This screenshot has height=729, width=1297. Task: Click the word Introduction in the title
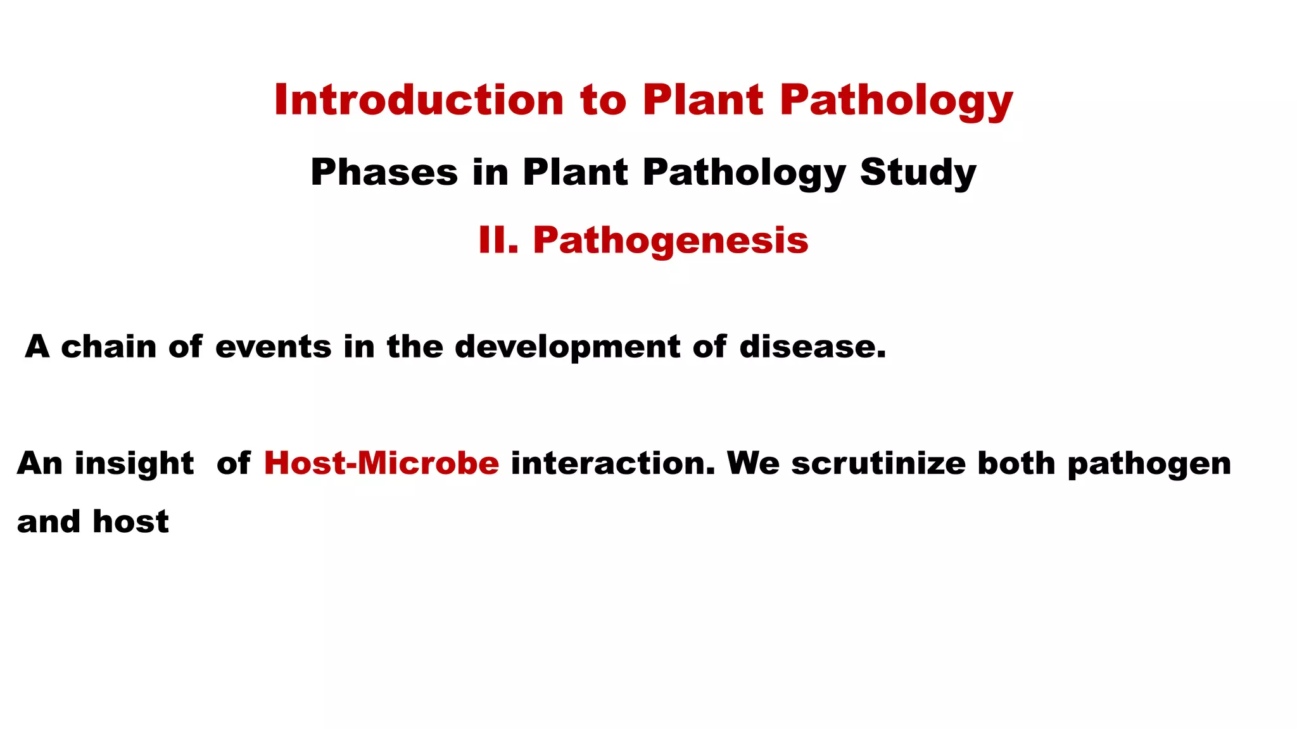tap(419, 100)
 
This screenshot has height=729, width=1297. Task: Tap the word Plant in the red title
tap(703, 100)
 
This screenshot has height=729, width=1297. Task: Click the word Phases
tap(384, 172)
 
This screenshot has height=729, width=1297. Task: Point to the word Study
tap(918, 172)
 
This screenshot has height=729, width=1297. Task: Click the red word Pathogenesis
tap(671, 240)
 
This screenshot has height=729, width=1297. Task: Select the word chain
tap(108, 347)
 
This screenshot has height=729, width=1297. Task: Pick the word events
tap(273, 347)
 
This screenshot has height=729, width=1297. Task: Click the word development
tap(567, 347)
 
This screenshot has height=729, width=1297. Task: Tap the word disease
tap(812, 347)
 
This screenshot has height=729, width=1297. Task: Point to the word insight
tap(134, 464)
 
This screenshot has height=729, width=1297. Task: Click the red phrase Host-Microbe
tap(381, 463)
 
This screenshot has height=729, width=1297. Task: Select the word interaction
tap(612, 463)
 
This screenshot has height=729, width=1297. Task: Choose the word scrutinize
tap(878, 463)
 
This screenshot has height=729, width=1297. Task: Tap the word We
tap(753, 463)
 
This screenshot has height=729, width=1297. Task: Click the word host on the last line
tap(130, 522)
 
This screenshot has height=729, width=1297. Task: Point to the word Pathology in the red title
tap(895, 100)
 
